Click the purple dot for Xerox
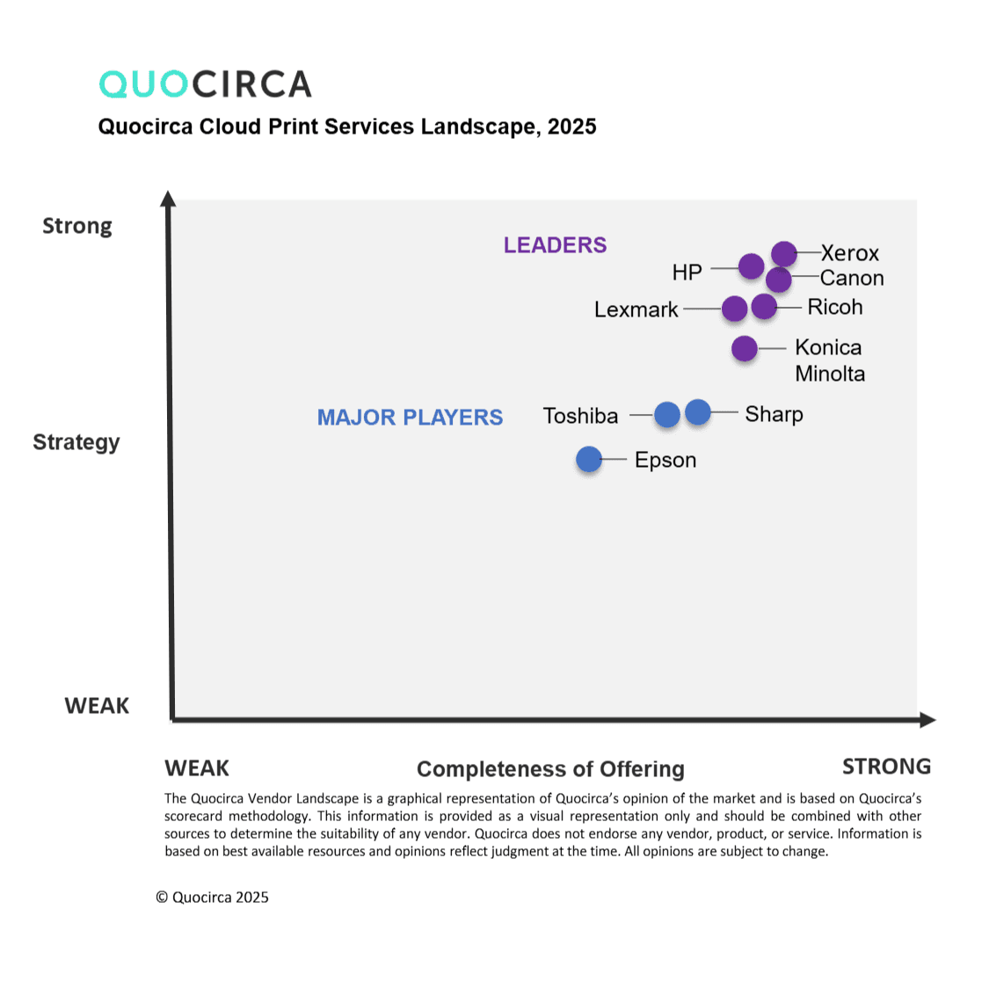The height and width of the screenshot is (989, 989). coord(784,254)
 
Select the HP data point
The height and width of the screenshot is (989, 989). coord(752,265)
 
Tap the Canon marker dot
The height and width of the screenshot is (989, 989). coord(779,280)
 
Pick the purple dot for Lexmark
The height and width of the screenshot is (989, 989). coord(735,309)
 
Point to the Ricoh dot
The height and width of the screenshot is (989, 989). coord(765,307)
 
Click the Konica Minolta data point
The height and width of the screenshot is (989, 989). coord(745,348)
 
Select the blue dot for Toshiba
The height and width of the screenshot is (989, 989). coord(667,414)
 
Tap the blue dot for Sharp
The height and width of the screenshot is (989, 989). coord(698,411)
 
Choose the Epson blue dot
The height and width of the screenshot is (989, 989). coord(589,459)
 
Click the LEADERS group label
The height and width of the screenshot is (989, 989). coord(555,245)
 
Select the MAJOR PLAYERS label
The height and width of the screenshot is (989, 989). coord(410,418)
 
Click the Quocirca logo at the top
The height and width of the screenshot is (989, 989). coord(206,84)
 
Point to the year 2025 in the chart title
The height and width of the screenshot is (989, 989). coord(571,127)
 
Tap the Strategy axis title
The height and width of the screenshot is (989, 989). coord(76,442)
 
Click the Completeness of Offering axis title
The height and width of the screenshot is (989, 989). coord(550,769)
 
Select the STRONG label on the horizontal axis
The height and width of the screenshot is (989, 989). coord(886,767)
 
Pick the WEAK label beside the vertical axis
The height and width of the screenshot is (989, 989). coord(97,706)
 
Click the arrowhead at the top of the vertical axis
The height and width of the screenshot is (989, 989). coord(168,199)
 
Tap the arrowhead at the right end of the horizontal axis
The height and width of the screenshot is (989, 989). coord(927,720)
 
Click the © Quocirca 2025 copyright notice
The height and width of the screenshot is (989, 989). coord(212,898)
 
